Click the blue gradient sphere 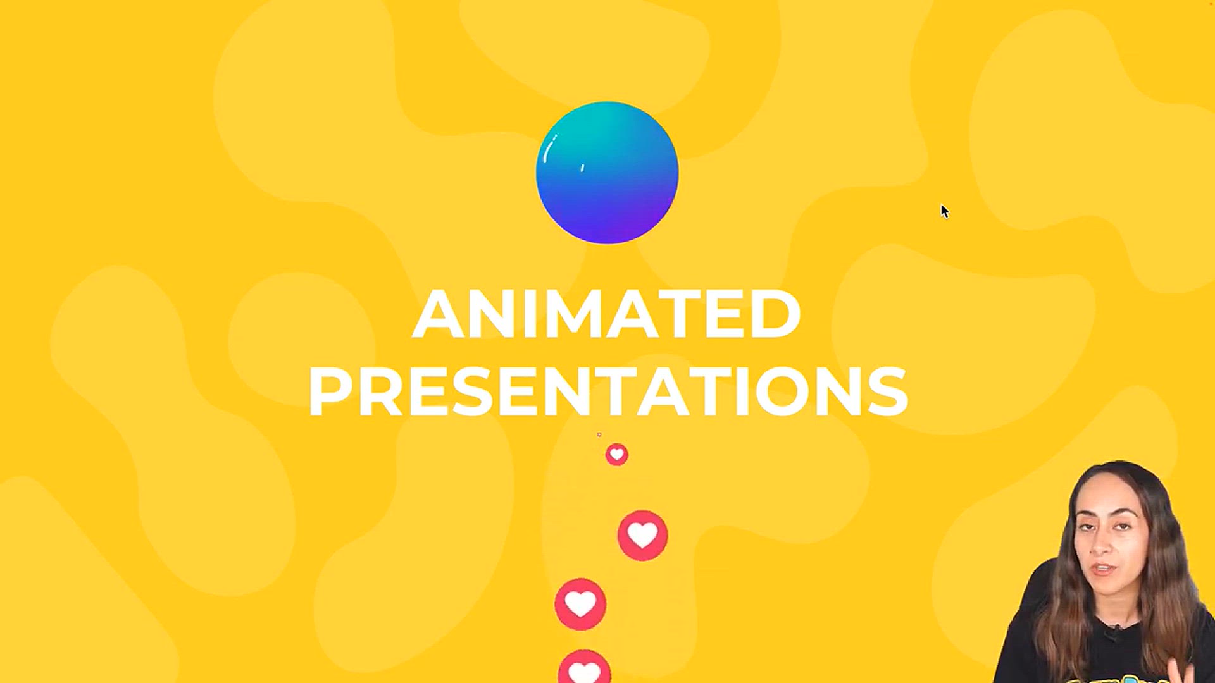607,173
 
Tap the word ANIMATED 607,314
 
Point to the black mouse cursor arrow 945,211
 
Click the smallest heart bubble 616,455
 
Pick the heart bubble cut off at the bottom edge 584,667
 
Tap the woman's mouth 1104,569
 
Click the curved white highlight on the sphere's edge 549,148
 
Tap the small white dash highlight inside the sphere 582,168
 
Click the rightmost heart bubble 642,535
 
